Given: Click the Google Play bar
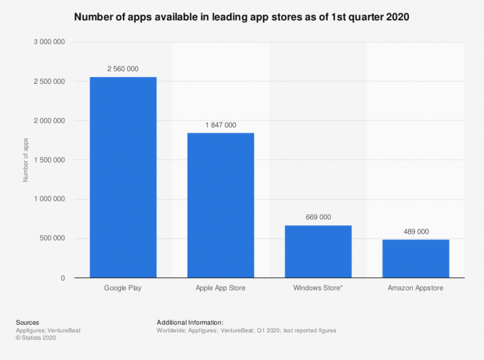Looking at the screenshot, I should click(x=123, y=177).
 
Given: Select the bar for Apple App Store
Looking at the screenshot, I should click(x=221, y=205).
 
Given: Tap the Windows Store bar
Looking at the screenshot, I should click(x=318, y=252).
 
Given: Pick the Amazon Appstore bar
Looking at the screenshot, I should click(x=415, y=258).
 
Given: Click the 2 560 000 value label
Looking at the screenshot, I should click(x=123, y=69).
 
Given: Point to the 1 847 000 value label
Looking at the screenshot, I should click(x=221, y=125).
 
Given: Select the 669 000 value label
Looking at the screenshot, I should click(x=318, y=217).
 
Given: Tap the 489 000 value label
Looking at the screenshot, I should click(x=415, y=231).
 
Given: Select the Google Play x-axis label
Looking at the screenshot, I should click(x=123, y=288).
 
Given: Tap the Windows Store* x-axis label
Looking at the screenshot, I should click(x=318, y=288).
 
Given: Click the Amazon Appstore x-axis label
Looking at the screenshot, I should click(x=415, y=288).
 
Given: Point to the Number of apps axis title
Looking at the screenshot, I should click(x=26, y=160).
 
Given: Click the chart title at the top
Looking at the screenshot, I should click(x=241, y=17).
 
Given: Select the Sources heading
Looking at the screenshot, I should click(x=28, y=322).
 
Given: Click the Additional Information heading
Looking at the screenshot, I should click(x=190, y=322).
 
